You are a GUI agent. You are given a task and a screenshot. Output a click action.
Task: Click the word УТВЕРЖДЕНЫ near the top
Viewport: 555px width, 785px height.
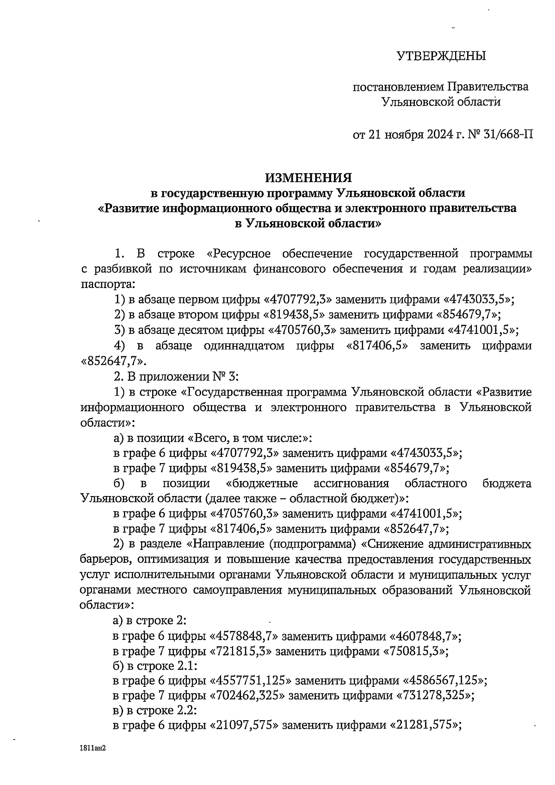[441, 57]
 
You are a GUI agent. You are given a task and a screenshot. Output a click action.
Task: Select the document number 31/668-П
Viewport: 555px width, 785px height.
[507, 135]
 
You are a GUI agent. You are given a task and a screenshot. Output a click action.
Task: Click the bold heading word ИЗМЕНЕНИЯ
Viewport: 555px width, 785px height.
[308, 177]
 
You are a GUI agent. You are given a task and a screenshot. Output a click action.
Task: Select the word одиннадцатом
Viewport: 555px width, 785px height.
[244, 346]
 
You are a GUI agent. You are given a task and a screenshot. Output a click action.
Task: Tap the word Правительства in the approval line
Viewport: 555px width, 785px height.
[489, 87]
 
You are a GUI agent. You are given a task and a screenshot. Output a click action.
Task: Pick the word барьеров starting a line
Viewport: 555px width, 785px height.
[104, 559]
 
